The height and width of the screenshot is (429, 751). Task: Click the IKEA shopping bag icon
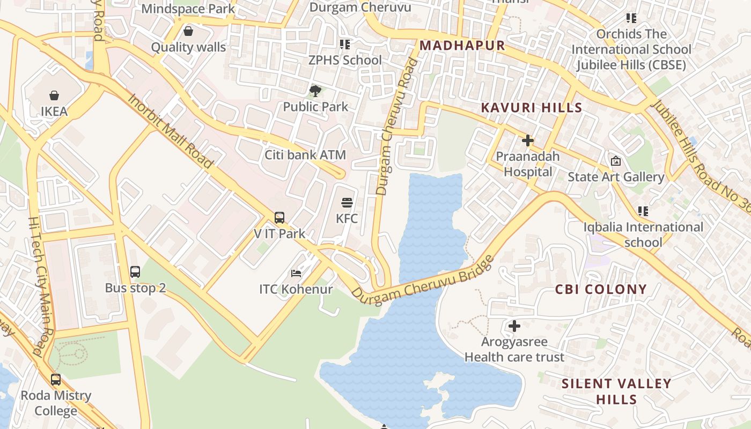[x=54, y=96]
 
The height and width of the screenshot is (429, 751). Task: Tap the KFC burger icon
[x=347, y=203]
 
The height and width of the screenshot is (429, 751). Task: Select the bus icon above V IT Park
[x=279, y=218]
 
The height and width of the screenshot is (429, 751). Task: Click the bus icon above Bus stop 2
[x=135, y=272]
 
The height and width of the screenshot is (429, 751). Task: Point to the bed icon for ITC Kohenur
[x=296, y=273]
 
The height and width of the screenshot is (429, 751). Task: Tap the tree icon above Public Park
[x=315, y=91]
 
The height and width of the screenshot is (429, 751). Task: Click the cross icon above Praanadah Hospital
[x=528, y=140]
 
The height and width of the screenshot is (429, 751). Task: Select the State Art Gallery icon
[x=616, y=161]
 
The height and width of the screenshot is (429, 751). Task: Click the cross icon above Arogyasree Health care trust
[x=514, y=326]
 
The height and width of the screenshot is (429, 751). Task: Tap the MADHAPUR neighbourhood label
[x=462, y=46]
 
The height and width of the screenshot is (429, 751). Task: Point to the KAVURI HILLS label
[x=532, y=108]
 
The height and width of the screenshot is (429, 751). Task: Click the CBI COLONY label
[x=601, y=290]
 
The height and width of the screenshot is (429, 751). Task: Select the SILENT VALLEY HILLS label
[x=616, y=391]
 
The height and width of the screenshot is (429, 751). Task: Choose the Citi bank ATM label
[x=305, y=155]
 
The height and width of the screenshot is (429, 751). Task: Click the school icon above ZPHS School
[x=345, y=44]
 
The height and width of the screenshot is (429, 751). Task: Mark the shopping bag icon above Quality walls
[x=188, y=31]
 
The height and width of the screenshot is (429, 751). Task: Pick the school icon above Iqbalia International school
[x=643, y=211]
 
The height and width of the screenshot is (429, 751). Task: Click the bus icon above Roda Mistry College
[x=56, y=380]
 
